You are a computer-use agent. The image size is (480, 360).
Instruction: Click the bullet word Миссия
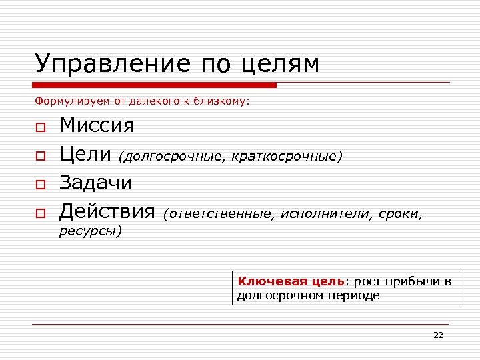point(97,125)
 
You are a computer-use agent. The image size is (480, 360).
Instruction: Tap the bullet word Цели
point(86,154)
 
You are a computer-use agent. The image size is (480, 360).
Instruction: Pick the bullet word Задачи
point(96,183)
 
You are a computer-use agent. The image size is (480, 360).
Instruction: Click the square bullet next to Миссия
point(40,127)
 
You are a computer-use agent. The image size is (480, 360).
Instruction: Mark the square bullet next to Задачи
point(40,184)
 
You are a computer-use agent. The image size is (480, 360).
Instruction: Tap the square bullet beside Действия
point(40,213)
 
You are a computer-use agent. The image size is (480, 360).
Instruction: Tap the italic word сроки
point(401,214)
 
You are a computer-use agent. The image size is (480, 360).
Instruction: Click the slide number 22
point(438,335)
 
